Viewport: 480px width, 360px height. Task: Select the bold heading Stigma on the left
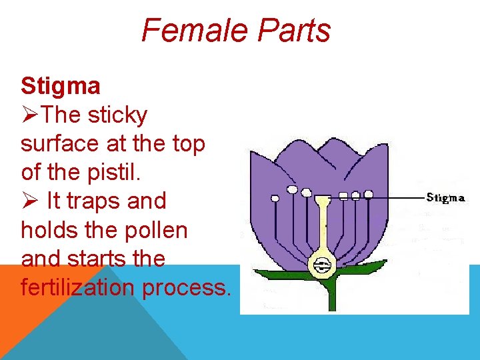pos(61,86)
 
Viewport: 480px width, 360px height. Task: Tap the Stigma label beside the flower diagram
pos(445,197)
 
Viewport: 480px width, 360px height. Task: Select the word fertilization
pos(85,287)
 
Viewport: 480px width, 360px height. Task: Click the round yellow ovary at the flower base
pos(323,265)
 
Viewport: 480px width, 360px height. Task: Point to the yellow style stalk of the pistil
pos(323,227)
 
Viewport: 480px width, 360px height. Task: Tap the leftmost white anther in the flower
pos(275,198)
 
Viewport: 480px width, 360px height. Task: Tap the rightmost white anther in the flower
pos(367,194)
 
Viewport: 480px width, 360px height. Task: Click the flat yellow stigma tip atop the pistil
pos(323,199)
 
